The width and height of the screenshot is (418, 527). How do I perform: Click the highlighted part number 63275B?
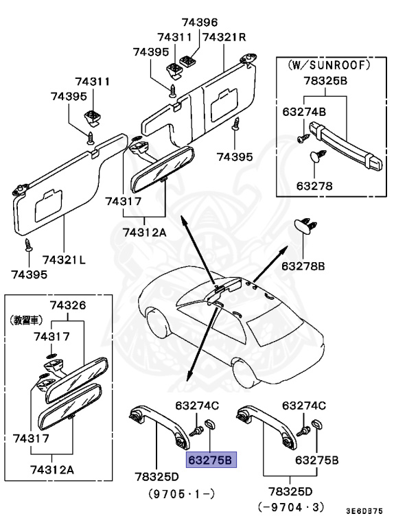click(211, 459)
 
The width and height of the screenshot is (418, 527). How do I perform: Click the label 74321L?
click(64, 260)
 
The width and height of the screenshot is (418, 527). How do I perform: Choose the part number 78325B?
click(325, 81)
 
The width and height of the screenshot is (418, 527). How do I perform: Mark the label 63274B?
click(304, 110)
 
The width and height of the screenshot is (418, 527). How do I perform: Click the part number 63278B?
click(303, 265)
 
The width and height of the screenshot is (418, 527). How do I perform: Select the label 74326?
click(67, 305)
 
